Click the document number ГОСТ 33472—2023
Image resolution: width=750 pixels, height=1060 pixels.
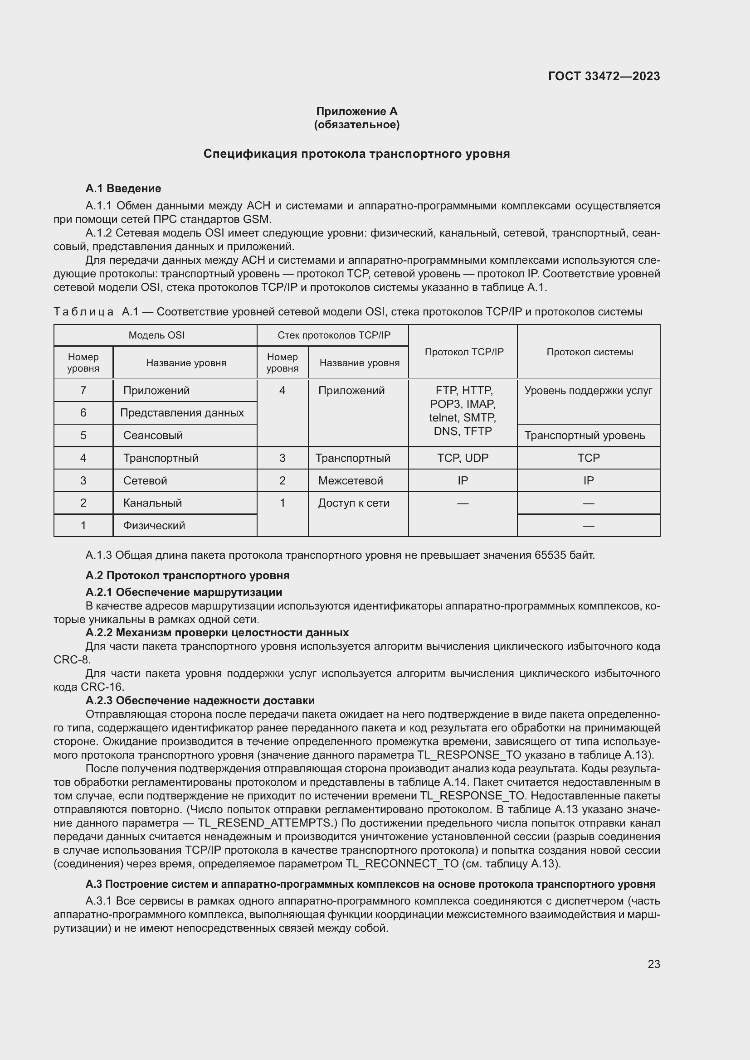pyautogui.click(x=604, y=76)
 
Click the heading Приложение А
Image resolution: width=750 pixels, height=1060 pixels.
pyautogui.click(x=356, y=111)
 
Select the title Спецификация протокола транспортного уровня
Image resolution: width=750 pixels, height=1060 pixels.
pyautogui.click(x=356, y=154)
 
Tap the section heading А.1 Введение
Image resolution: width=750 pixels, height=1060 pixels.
pyautogui.click(x=123, y=189)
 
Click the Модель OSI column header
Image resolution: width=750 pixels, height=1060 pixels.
pyautogui.click(x=156, y=335)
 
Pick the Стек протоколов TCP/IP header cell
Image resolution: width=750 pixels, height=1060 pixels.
pyautogui.click(x=333, y=335)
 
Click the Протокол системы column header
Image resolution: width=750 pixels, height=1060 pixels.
pyautogui.click(x=589, y=352)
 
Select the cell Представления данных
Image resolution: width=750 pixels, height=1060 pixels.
pyautogui.click(x=182, y=413)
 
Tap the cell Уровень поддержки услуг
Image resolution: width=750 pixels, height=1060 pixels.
pyautogui.click(x=588, y=391)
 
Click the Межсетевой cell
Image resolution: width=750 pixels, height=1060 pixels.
pyautogui.click(x=351, y=480)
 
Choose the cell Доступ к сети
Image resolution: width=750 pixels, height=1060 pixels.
pyautogui.click(x=354, y=503)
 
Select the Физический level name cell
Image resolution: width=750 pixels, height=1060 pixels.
pyautogui.click(x=154, y=525)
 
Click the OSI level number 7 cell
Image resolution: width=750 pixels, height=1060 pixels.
pyautogui.click(x=83, y=391)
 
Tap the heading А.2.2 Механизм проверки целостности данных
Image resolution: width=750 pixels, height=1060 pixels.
pyautogui.click(x=217, y=633)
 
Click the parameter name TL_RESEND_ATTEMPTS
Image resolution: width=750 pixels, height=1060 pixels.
pyautogui.click(x=264, y=823)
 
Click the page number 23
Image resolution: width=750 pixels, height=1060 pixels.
pyautogui.click(x=653, y=964)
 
